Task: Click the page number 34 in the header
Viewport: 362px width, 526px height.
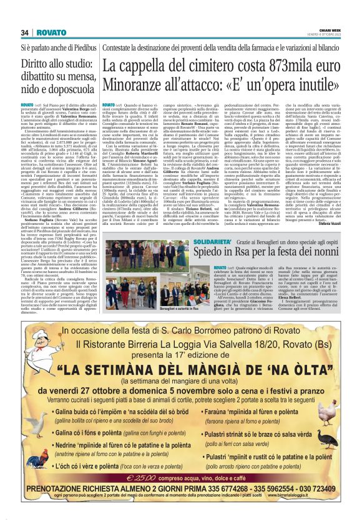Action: point(25,32)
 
